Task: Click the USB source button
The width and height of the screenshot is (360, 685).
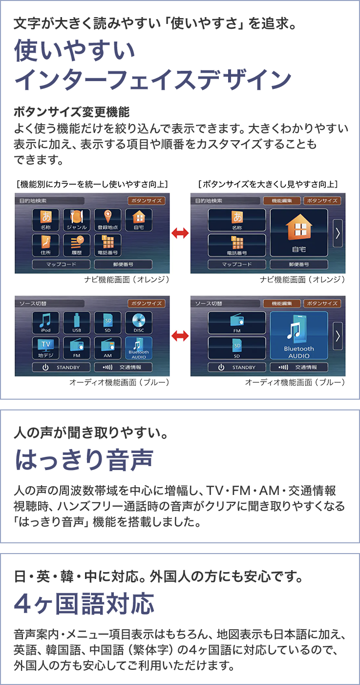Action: pyautogui.click(x=77, y=322)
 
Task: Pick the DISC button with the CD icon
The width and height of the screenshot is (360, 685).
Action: pyautogui.click(x=139, y=322)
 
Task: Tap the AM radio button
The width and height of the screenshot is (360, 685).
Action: pyautogui.click(x=107, y=348)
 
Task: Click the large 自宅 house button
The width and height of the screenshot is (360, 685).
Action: pyautogui.click(x=298, y=233)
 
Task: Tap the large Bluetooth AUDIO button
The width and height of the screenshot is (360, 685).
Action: pyautogui.click(x=298, y=336)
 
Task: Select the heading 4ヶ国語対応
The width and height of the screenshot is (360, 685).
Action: pyautogui.click(x=84, y=604)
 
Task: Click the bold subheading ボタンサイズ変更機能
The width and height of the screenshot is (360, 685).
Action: pyautogui.click(x=72, y=112)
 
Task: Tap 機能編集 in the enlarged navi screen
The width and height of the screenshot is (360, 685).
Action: pyautogui.click(x=281, y=201)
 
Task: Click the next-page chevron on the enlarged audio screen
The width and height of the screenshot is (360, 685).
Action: pyautogui.click(x=338, y=336)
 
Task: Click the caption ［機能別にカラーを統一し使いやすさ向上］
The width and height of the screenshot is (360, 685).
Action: pyautogui.click(x=92, y=184)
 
